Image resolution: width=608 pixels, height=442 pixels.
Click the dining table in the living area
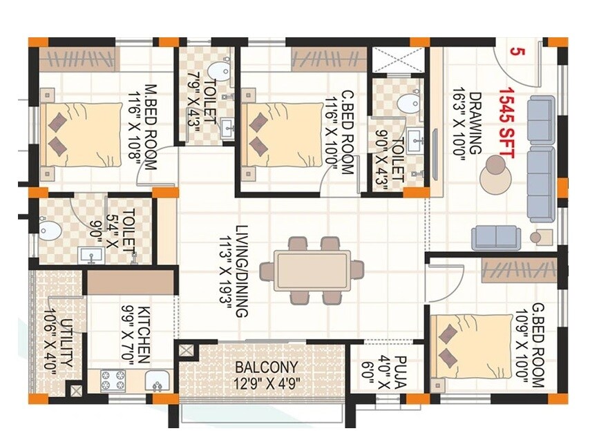point(313,270)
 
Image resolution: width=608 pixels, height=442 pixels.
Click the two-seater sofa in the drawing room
point(495,237)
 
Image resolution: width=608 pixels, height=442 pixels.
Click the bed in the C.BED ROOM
point(280,134)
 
